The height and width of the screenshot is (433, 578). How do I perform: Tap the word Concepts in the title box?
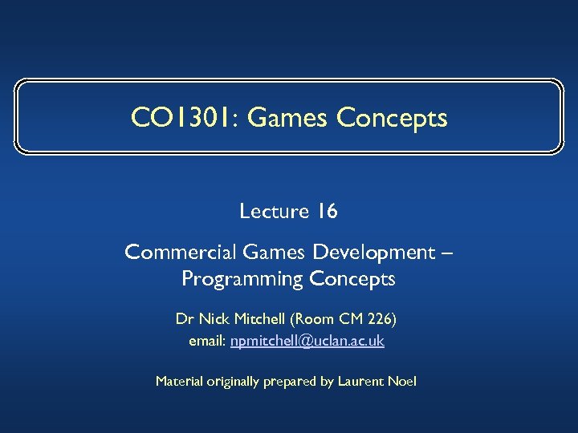pyautogui.click(x=392, y=118)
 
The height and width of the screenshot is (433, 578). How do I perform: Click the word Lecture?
pyautogui.click(x=274, y=212)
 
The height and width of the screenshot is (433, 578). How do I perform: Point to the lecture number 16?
pyautogui.click(x=327, y=212)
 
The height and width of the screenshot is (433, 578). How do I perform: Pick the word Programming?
pyautogui.click(x=239, y=279)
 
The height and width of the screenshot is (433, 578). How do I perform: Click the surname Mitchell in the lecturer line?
pyautogui.click(x=258, y=319)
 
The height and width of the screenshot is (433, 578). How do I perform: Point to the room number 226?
pyautogui.click(x=381, y=319)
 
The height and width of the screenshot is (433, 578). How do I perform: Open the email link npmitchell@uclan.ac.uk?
pyautogui.click(x=307, y=342)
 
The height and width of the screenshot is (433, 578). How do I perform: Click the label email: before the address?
pyautogui.click(x=207, y=342)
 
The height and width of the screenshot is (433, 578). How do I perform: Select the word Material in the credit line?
pyautogui.click(x=179, y=382)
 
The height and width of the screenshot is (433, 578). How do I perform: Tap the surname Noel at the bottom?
pyautogui.click(x=402, y=382)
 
